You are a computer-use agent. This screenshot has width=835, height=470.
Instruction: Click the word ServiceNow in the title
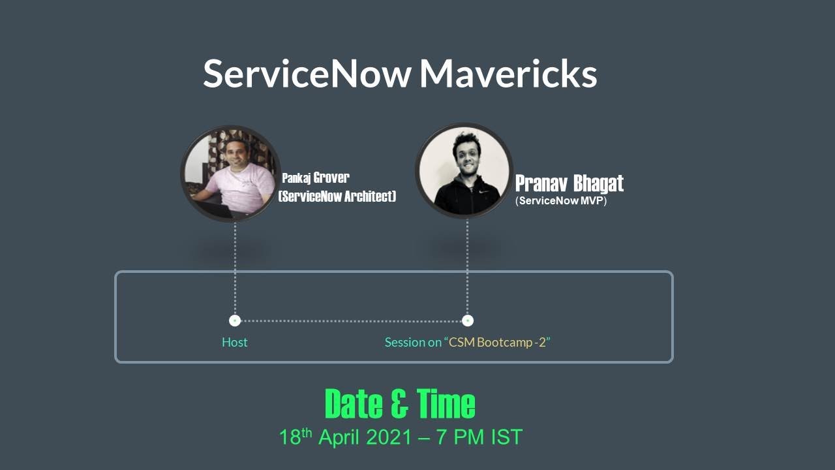(x=307, y=74)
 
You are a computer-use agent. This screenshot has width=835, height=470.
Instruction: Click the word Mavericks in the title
(x=508, y=74)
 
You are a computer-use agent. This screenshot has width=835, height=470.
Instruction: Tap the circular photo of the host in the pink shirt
(x=230, y=174)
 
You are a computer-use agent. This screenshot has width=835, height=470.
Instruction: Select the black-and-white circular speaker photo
(x=464, y=170)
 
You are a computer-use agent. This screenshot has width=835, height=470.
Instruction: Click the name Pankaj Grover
(x=316, y=178)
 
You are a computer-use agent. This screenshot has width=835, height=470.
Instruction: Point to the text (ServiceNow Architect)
(x=337, y=196)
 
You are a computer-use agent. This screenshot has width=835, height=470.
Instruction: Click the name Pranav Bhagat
(x=569, y=183)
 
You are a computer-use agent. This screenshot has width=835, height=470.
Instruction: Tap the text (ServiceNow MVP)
(x=561, y=201)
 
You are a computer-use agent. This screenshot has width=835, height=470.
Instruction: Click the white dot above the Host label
(x=235, y=321)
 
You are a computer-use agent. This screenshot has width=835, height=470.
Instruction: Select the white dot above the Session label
(x=467, y=321)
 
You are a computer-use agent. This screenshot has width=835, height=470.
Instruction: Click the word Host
(x=235, y=342)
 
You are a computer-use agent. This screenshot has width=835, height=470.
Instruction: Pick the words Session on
(x=413, y=342)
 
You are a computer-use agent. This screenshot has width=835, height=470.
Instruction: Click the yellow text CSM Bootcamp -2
(x=499, y=342)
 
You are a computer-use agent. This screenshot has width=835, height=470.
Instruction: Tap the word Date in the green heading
(x=353, y=404)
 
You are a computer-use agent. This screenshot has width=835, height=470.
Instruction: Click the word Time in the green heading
(x=447, y=404)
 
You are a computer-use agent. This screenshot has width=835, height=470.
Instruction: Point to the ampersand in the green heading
(x=400, y=404)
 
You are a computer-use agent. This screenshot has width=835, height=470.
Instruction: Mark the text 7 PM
(x=457, y=437)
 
